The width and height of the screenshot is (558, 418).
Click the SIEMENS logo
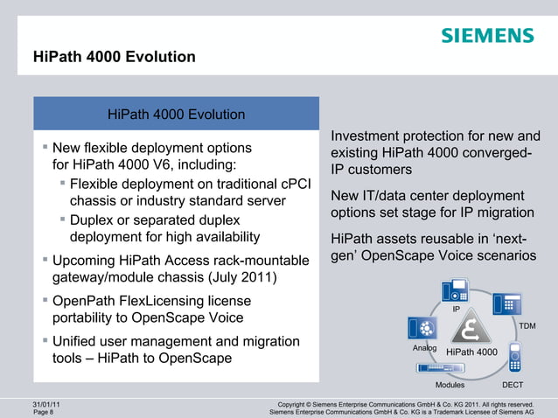pyautogui.click(x=486, y=36)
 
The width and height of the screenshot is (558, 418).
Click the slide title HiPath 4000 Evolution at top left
pyautogui.click(x=114, y=59)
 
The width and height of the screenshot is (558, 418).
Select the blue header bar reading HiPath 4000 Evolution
pyautogui.click(x=176, y=115)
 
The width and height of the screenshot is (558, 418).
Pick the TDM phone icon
pyautogui.click(x=507, y=303)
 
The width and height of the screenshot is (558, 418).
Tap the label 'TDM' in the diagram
pyautogui.click(x=527, y=326)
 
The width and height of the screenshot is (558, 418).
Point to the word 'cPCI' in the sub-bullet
pyautogui.click(x=293, y=184)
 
